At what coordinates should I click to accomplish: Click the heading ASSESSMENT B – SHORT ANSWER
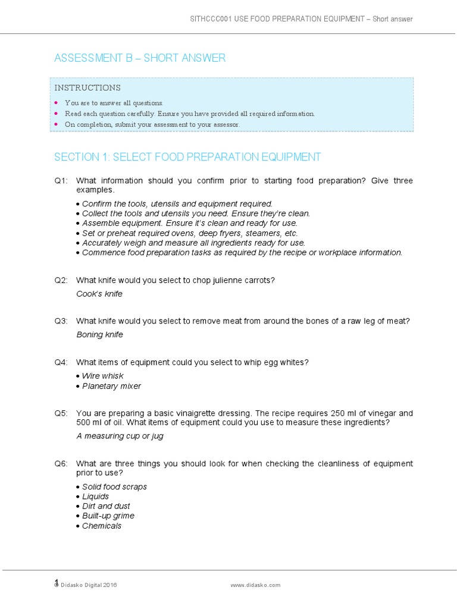coord(140,58)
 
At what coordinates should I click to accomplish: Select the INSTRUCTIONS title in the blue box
coord(87,87)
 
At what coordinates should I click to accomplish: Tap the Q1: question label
coord(61,181)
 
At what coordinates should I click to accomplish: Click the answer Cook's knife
coord(99,294)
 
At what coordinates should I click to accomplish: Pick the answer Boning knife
coord(99,335)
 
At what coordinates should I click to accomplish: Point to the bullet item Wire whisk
coord(103,376)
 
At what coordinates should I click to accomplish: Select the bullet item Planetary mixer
coord(111,386)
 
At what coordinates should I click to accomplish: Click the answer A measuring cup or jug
coord(120,436)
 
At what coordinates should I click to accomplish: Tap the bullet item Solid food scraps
coord(114,486)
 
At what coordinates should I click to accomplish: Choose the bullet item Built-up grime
coord(108,516)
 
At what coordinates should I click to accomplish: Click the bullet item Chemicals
coord(101,526)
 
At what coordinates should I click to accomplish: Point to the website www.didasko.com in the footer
coord(255,585)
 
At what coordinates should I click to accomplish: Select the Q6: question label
coord(61,464)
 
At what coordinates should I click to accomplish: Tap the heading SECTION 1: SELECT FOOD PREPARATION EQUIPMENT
coord(187,157)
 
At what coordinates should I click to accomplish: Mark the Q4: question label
coord(61,362)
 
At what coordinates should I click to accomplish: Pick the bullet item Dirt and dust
coord(106,506)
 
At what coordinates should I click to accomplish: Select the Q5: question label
coord(61,413)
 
